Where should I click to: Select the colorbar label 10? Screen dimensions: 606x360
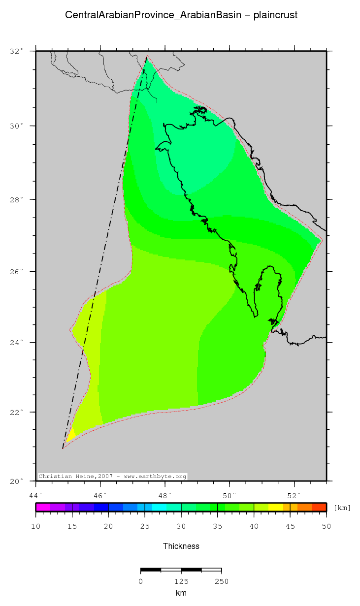pos(36,527)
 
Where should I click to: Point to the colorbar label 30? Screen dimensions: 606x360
pos(181,527)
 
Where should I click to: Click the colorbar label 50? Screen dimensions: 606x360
pos(326,527)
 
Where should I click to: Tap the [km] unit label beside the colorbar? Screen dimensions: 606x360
pos(342,508)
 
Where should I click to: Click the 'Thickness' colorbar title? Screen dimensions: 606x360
pos(181,546)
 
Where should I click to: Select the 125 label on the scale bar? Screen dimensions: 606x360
pos(181,581)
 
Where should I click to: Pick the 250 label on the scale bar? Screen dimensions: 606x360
pos(221,581)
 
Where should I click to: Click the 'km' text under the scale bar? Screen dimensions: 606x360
pos(181,593)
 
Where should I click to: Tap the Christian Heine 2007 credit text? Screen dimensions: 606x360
pos(112,477)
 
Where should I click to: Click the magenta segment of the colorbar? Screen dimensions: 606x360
pos(43,507)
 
